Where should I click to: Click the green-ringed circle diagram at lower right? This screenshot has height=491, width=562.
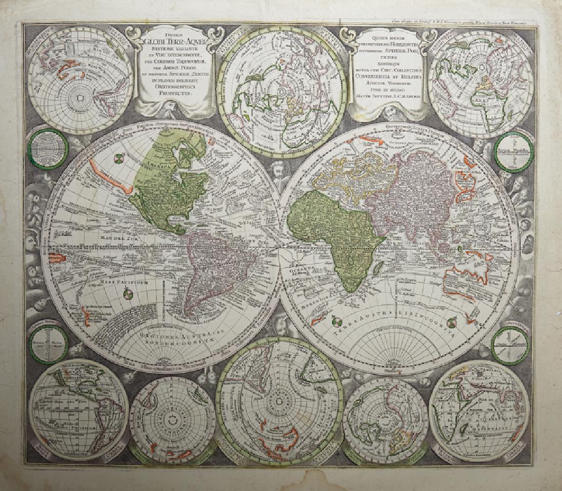[x=509, y=346]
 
